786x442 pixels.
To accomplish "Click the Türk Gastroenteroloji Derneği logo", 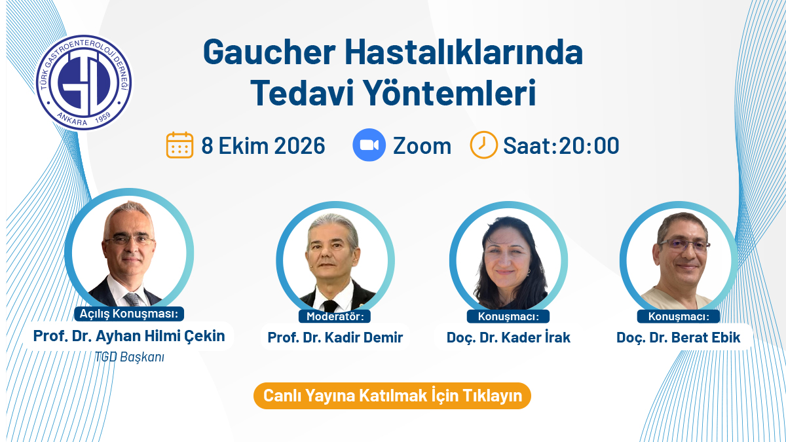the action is (84, 83).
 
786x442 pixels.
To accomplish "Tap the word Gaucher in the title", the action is (269, 52).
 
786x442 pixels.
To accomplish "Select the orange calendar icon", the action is (179, 145).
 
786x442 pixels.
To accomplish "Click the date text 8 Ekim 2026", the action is (263, 145).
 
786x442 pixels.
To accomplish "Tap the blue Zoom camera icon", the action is (369, 145).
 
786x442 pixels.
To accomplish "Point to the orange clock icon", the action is (483, 145).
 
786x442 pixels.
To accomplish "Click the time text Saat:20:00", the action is (561, 145).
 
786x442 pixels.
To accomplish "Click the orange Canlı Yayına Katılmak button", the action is (392, 396).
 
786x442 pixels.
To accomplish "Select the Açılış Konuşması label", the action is (129, 313).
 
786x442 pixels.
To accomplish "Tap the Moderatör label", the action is (335, 316).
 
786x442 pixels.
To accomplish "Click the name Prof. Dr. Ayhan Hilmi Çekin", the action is (129, 336).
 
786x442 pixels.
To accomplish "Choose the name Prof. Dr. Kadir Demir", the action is (335, 337).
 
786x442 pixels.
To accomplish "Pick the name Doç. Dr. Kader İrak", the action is (508, 337).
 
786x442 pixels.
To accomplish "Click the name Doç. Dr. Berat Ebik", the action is (679, 337).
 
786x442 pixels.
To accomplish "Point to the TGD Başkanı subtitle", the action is (130, 357).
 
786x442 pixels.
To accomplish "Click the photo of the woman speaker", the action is (508, 261).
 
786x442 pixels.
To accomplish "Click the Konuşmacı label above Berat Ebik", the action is (679, 316).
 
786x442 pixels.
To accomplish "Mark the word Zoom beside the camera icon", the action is (422, 146).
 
